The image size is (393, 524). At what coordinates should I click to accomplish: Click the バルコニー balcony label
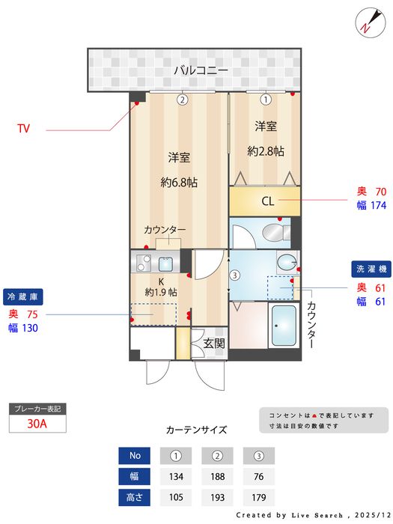pos(201,70)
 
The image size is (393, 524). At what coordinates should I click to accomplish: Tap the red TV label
pos(24,129)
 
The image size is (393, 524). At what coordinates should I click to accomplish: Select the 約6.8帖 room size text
pos(178,182)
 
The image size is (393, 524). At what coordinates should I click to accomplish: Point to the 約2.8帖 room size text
pos(265,150)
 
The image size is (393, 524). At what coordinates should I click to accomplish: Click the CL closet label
pos(267,201)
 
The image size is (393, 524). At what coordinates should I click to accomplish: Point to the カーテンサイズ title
pos(196,430)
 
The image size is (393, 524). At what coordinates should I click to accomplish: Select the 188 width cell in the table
pos(217,477)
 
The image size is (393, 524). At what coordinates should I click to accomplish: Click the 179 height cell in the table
pos(258,497)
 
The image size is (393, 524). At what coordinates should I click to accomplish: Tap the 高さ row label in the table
pos(135,497)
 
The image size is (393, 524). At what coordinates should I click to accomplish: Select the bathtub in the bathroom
pos(284,326)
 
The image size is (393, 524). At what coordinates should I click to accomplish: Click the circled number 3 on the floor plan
pos(234,275)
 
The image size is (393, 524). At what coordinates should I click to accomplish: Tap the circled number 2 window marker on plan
pos(182,99)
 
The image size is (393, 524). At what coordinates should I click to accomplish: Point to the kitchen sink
pos(165,263)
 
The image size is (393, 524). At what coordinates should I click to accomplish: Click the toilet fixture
pos(285,261)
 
